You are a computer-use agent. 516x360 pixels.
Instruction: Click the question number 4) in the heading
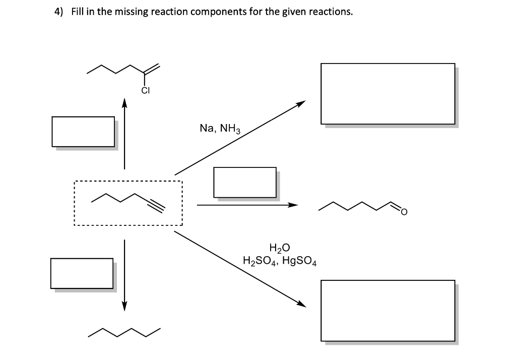click(x=59, y=12)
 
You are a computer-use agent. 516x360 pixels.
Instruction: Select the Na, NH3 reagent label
click(x=221, y=129)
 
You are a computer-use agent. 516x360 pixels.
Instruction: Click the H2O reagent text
click(x=280, y=248)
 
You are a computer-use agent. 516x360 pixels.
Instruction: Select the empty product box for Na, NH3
click(x=388, y=93)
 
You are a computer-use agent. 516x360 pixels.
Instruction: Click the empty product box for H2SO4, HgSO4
click(x=388, y=310)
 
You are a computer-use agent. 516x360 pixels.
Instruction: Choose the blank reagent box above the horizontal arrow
click(x=244, y=182)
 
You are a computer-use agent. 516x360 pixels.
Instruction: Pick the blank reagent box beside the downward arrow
click(x=82, y=273)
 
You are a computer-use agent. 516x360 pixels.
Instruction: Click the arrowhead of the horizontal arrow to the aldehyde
click(x=293, y=205)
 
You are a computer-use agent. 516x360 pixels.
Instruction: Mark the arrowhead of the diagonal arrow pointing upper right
click(x=301, y=104)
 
